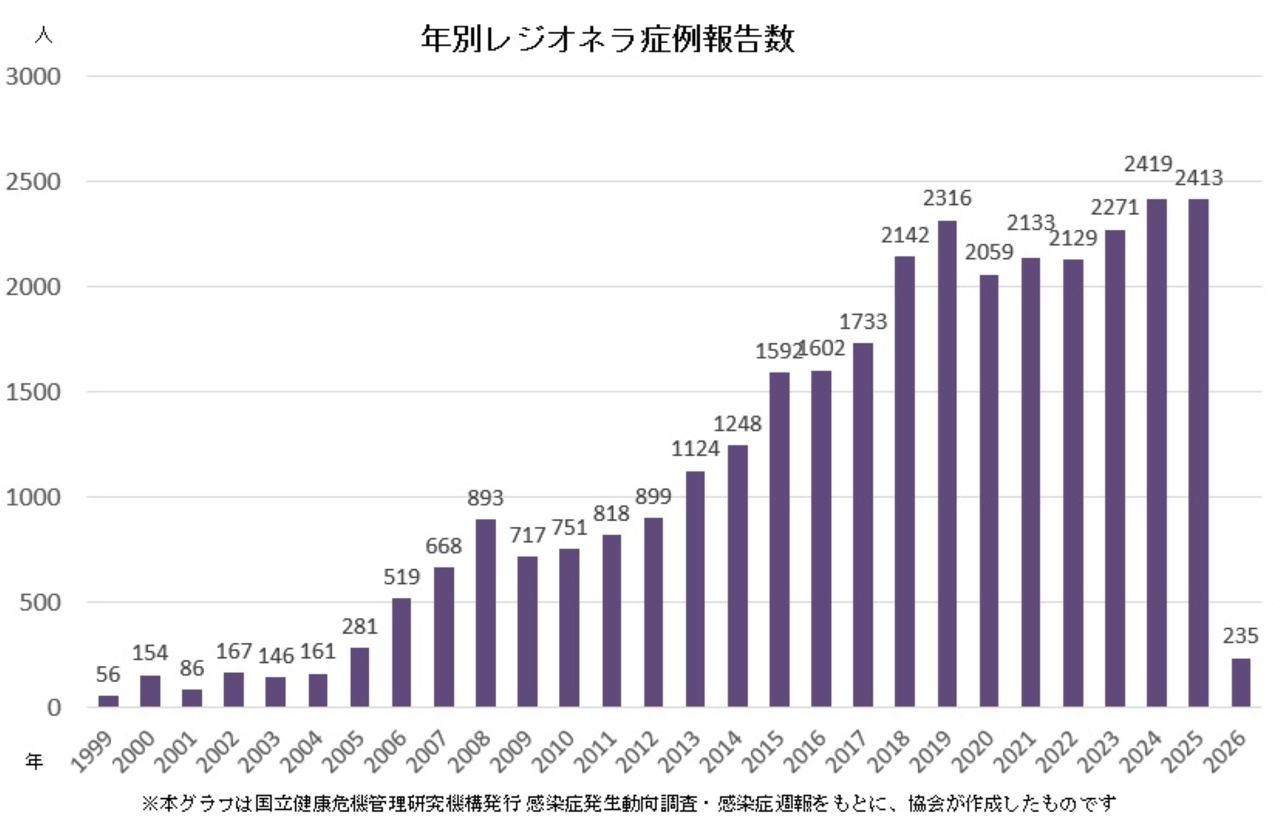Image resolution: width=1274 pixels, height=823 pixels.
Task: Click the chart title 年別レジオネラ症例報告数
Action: tap(607, 39)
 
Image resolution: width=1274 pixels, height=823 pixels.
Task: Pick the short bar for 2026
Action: tap(1240, 682)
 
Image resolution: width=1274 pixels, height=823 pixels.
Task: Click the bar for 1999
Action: tap(108, 701)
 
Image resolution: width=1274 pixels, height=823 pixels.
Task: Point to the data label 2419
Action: tap(1148, 164)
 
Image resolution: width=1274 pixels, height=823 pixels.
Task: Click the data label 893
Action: tap(485, 498)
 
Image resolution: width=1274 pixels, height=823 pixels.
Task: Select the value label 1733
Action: tap(863, 321)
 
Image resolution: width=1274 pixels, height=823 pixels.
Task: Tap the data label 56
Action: tap(108, 674)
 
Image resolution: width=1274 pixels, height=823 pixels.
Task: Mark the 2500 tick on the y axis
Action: tap(33, 182)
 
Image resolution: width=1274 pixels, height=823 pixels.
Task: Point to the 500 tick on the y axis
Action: tap(40, 602)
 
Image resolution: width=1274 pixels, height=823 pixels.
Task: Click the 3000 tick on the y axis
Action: tap(33, 76)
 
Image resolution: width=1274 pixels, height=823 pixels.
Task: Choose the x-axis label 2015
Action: tap(764, 751)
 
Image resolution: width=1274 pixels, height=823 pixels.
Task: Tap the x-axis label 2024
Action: tap(1141, 751)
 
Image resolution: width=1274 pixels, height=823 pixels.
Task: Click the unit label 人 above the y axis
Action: tap(43, 36)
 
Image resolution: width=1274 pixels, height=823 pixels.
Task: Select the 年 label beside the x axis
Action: tap(34, 761)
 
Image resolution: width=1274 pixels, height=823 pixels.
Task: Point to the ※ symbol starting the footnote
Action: tap(149, 803)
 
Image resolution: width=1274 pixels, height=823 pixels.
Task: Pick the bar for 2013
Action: tap(695, 589)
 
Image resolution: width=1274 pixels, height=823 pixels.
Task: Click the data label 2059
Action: tap(989, 251)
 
